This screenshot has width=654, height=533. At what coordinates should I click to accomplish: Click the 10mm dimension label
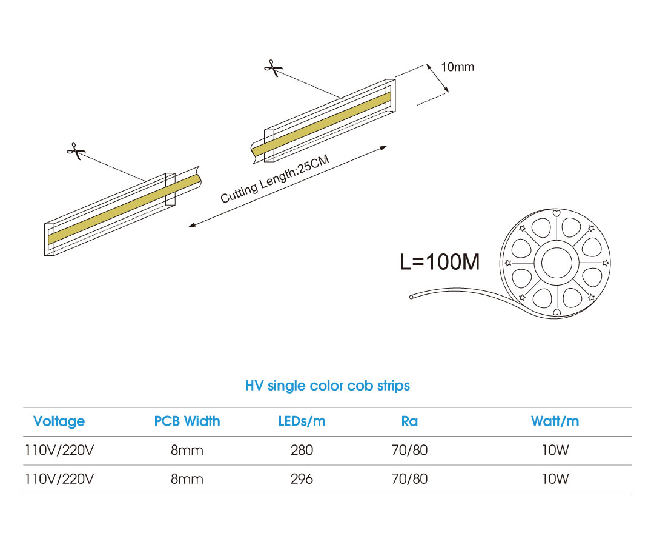pos(458,67)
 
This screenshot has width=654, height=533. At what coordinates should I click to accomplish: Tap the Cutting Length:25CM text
pos(275,179)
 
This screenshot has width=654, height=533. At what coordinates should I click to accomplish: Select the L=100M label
pos(440,262)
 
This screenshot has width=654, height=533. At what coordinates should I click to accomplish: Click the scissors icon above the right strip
pos(273,68)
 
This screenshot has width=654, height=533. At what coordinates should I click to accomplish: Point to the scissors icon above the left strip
pos(76,151)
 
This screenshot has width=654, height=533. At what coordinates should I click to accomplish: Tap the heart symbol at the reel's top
pos(556,213)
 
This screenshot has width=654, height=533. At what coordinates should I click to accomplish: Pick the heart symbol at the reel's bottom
pos(556,312)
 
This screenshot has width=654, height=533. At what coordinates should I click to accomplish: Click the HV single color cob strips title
pos(328,386)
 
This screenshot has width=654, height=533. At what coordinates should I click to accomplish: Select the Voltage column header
pos(59,421)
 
